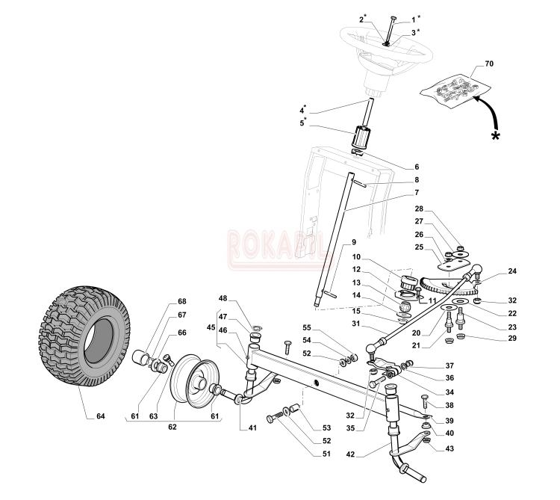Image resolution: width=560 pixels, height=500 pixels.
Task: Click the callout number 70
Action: point(489,65)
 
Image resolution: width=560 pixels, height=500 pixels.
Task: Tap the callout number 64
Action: point(101,416)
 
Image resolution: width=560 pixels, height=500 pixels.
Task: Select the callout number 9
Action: point(353,243)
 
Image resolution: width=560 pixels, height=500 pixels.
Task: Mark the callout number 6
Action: point(416,166)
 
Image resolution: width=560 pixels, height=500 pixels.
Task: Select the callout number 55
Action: point(327,327)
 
